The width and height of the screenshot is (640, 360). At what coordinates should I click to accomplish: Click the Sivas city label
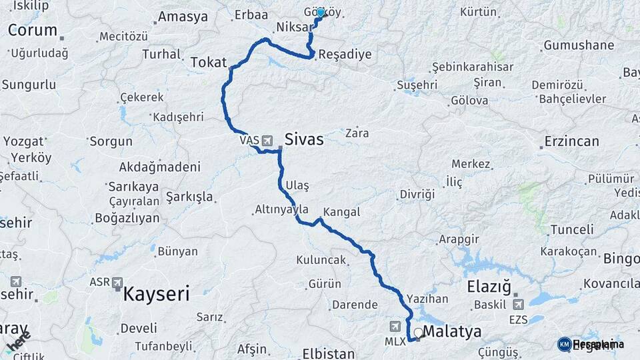303,140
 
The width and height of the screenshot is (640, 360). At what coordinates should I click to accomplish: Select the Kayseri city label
157,293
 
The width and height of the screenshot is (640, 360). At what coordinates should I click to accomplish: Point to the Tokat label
209,62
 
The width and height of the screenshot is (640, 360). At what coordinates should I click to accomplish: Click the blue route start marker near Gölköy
321,13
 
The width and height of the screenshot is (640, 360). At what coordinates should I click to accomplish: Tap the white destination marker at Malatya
418,332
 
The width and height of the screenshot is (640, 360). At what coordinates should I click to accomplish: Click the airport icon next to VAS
267,141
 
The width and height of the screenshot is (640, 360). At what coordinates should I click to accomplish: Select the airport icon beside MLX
396,326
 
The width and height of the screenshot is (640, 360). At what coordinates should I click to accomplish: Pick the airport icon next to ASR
118,283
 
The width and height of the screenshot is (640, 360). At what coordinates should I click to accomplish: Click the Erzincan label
571,141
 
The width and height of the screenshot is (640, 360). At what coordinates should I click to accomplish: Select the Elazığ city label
489,288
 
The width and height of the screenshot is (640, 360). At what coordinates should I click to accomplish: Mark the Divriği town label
417,194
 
